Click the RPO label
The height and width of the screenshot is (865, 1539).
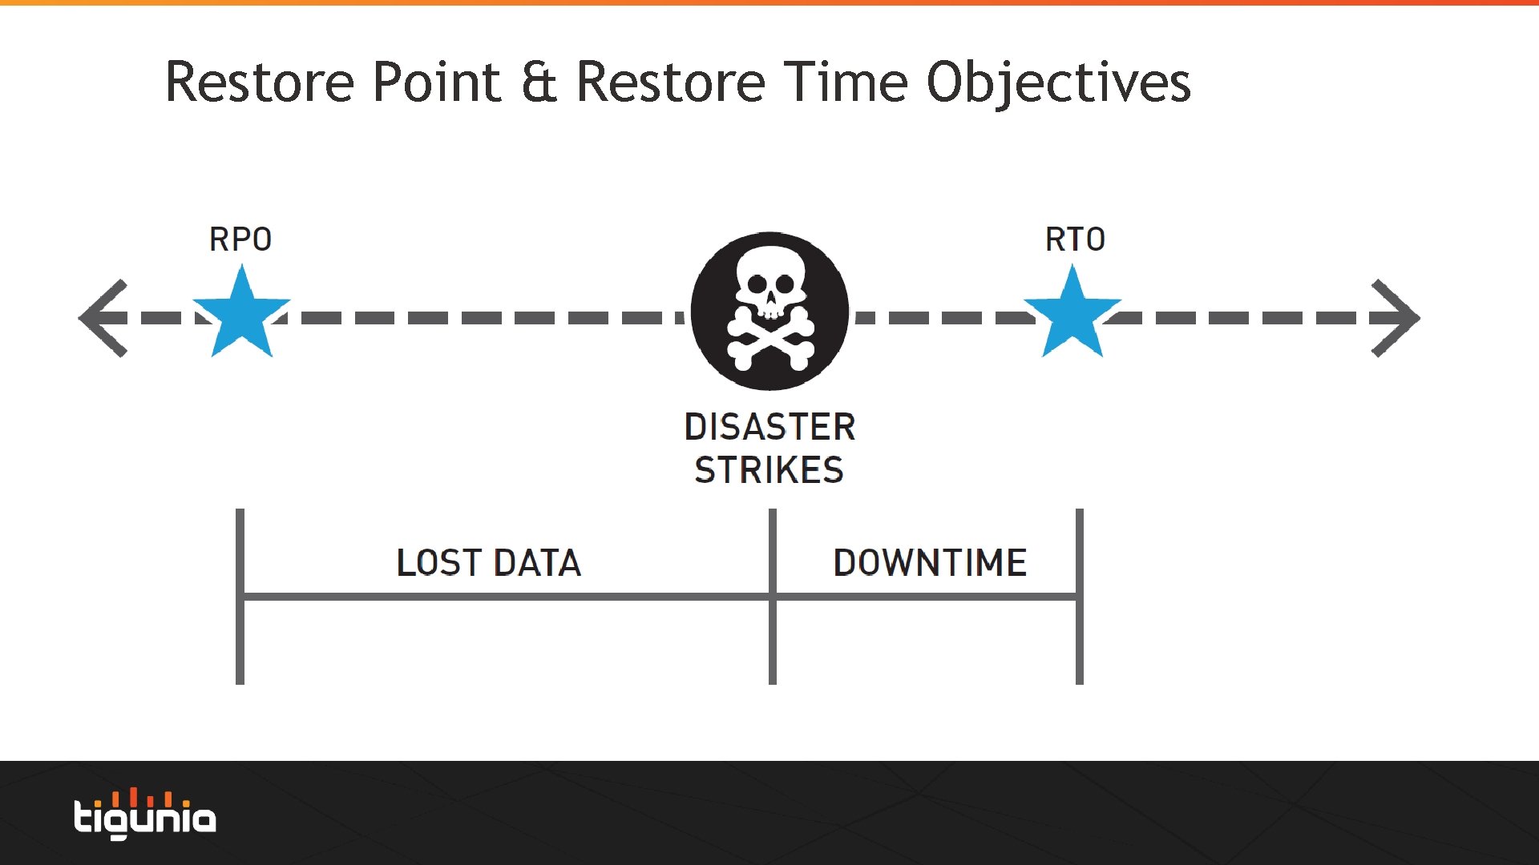pyautogui.click(x=240, y=239)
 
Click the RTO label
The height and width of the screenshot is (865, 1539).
pyautogui.click(x=1075, y=239)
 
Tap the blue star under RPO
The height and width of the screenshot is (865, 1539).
pyautogui.click(x=241, y=315)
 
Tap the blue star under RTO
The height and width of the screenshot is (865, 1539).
pyautogui.click(x=1072, y=315)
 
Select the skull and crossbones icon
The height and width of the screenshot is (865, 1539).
pyautogui.click(x=769, y=312)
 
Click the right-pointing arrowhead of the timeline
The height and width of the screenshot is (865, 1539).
pyautogui.click(x=1396, y=318)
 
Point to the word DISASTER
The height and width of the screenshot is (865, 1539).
pyautogui.click(x=769, y=427)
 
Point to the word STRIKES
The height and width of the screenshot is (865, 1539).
pyautogui.click(x=769, y=470)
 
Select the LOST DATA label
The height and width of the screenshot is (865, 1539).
pyautogui.click(x=489, y=563)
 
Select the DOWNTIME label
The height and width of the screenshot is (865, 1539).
pyautogui.click(x=930, y=563)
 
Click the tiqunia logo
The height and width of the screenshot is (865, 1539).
pyautogui.click(x=145, y=815)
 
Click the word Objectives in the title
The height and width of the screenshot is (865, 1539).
pyautogui.click(x=1058, y=83)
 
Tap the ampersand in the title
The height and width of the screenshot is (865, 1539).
pyautogui.click(x=539, y=82)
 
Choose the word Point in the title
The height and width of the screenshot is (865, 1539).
pyautogui.click(x=437, y=82)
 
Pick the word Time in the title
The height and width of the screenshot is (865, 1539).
pyautogui.click(x=846, y=82)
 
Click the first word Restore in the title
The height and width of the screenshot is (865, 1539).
pyautogui.click(x=260, y=82)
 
